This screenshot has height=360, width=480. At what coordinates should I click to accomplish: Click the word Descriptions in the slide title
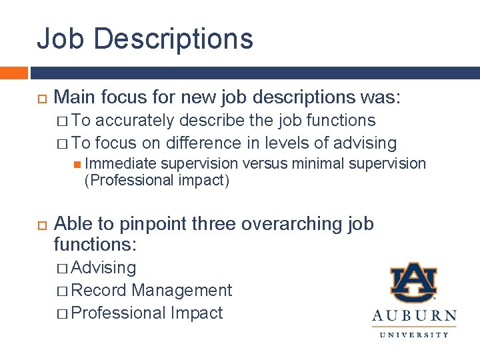pyautogui.click(x=174, y=38)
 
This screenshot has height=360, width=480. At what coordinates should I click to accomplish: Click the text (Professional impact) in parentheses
pyautogui.click(x=157, y=181)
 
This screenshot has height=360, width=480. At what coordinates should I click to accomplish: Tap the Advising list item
pyautogui.click(x=103, y=268)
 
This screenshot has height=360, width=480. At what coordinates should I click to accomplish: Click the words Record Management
pyautogui.click(x=151, y=290)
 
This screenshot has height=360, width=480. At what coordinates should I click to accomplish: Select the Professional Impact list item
pyautogui.click(x=147, y=313)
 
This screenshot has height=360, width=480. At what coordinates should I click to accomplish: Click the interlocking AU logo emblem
pyautogui.click(x=413, y=282)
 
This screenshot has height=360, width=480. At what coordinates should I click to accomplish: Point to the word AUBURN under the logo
pyautogui.click(x=414, y=316)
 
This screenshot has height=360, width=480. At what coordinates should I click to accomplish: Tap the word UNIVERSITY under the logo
pyautogui.click(x=414, y=334)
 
